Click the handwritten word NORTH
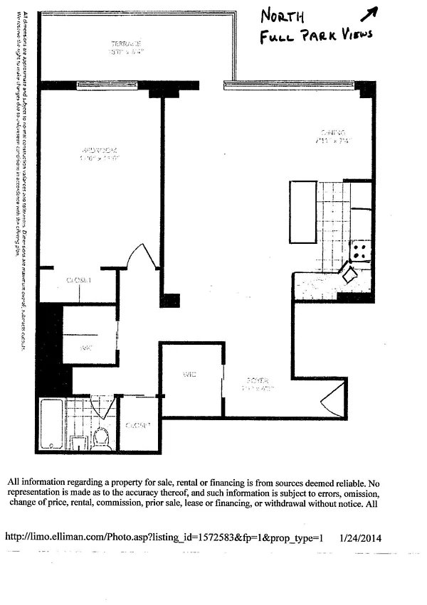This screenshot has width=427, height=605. (x=283, y=16)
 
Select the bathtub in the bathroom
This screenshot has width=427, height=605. (x=52, y=425)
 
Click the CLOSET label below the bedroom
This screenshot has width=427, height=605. (x=79, y=281)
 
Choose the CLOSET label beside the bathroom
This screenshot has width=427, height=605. (x=138, y=425)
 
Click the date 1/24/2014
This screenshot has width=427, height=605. (x=360, y=538)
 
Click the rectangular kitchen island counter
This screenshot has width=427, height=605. (x=302, y=212)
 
